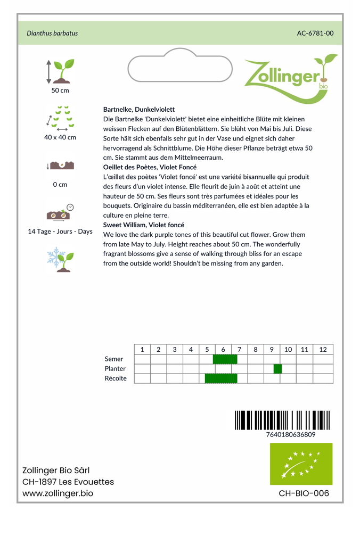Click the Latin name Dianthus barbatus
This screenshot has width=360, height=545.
(x=52, y=33)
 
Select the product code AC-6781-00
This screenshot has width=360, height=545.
(x=315, y=33)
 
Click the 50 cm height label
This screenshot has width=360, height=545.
(x=60, y=90)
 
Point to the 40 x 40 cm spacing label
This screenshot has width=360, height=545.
(x=60, y=137)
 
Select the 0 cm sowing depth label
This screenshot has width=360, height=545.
(x=60, y=185)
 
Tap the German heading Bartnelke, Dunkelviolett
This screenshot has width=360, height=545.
(x=139, y=109)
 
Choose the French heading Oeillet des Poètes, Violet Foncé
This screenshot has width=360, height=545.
(x=150, y=167)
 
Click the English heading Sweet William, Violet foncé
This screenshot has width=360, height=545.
(x=144, y=225)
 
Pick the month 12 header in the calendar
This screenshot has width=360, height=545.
(x=323, y=350)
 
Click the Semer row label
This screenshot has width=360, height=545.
(x=114, y=359)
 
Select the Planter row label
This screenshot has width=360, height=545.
(x=116, y=369)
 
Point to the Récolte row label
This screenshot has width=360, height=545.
(x=116, y=378)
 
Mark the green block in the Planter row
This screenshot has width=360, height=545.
(x=277, y=369)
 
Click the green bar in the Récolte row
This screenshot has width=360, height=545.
(x=221, y=378)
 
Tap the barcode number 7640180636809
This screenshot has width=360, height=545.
(x=291, y=434)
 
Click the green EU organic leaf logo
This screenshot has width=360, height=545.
(x=301, y=464)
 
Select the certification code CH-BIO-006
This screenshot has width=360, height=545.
(x=304, y=493)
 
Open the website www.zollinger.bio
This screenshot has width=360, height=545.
(x=58, y=493)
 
